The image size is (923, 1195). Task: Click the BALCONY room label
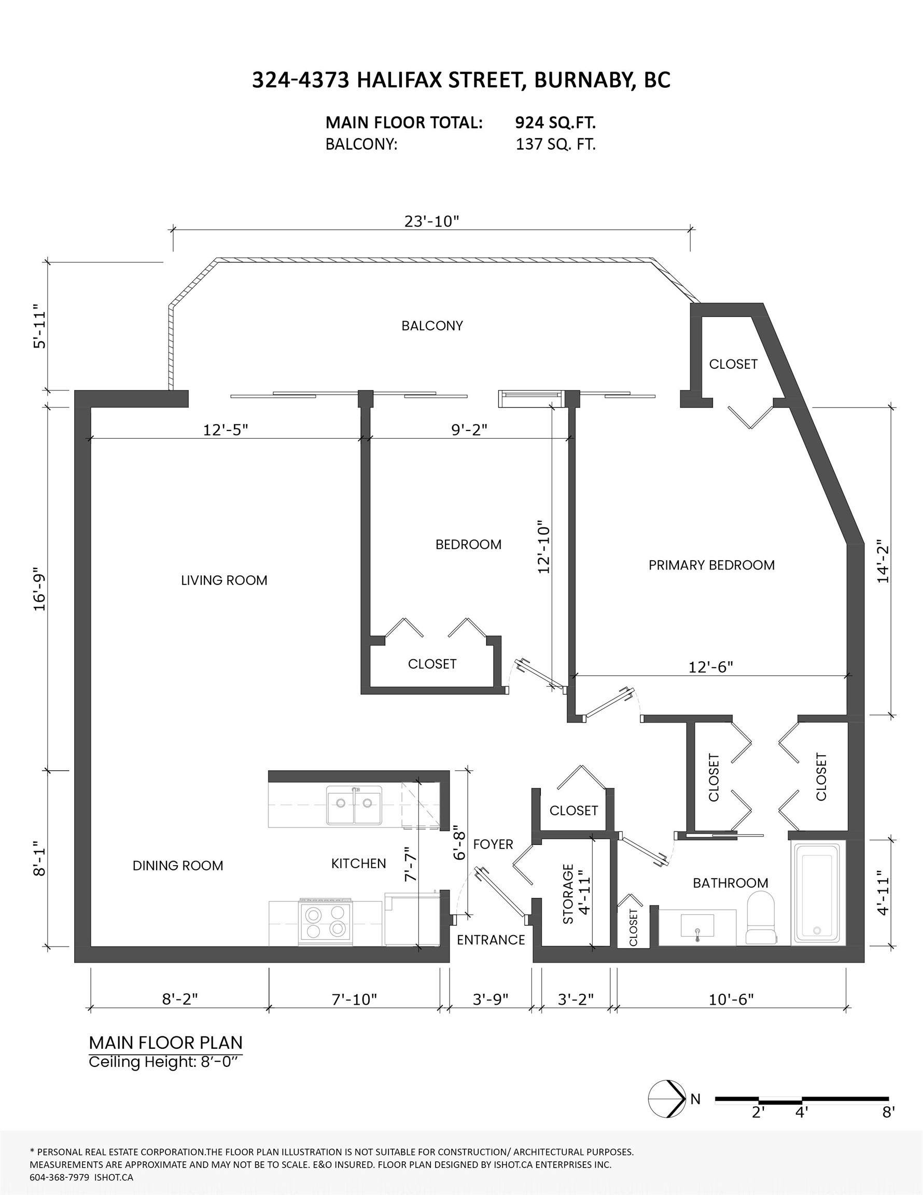click(x=431, y=326)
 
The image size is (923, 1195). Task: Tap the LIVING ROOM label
click(x=224, y=580)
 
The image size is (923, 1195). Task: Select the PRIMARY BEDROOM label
click(x=711, y=565)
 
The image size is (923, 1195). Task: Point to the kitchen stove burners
click(x=327, y=922)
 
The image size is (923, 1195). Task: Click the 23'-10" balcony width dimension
click(x=431, y=221)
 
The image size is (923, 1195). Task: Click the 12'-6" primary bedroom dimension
click(x=710, y=667)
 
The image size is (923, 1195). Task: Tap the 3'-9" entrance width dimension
click(x=490, y=999)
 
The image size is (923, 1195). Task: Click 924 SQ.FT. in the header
click(x=555, y=122)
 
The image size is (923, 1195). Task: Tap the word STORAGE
click(x=568, y=894)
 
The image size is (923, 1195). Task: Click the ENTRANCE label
click(x=491, y=939)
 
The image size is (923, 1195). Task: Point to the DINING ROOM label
click(x=178, y=866)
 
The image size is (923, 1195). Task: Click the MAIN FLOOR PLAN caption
click(x=165, y=1043)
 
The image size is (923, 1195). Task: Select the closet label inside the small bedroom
click(x=431, y=664)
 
